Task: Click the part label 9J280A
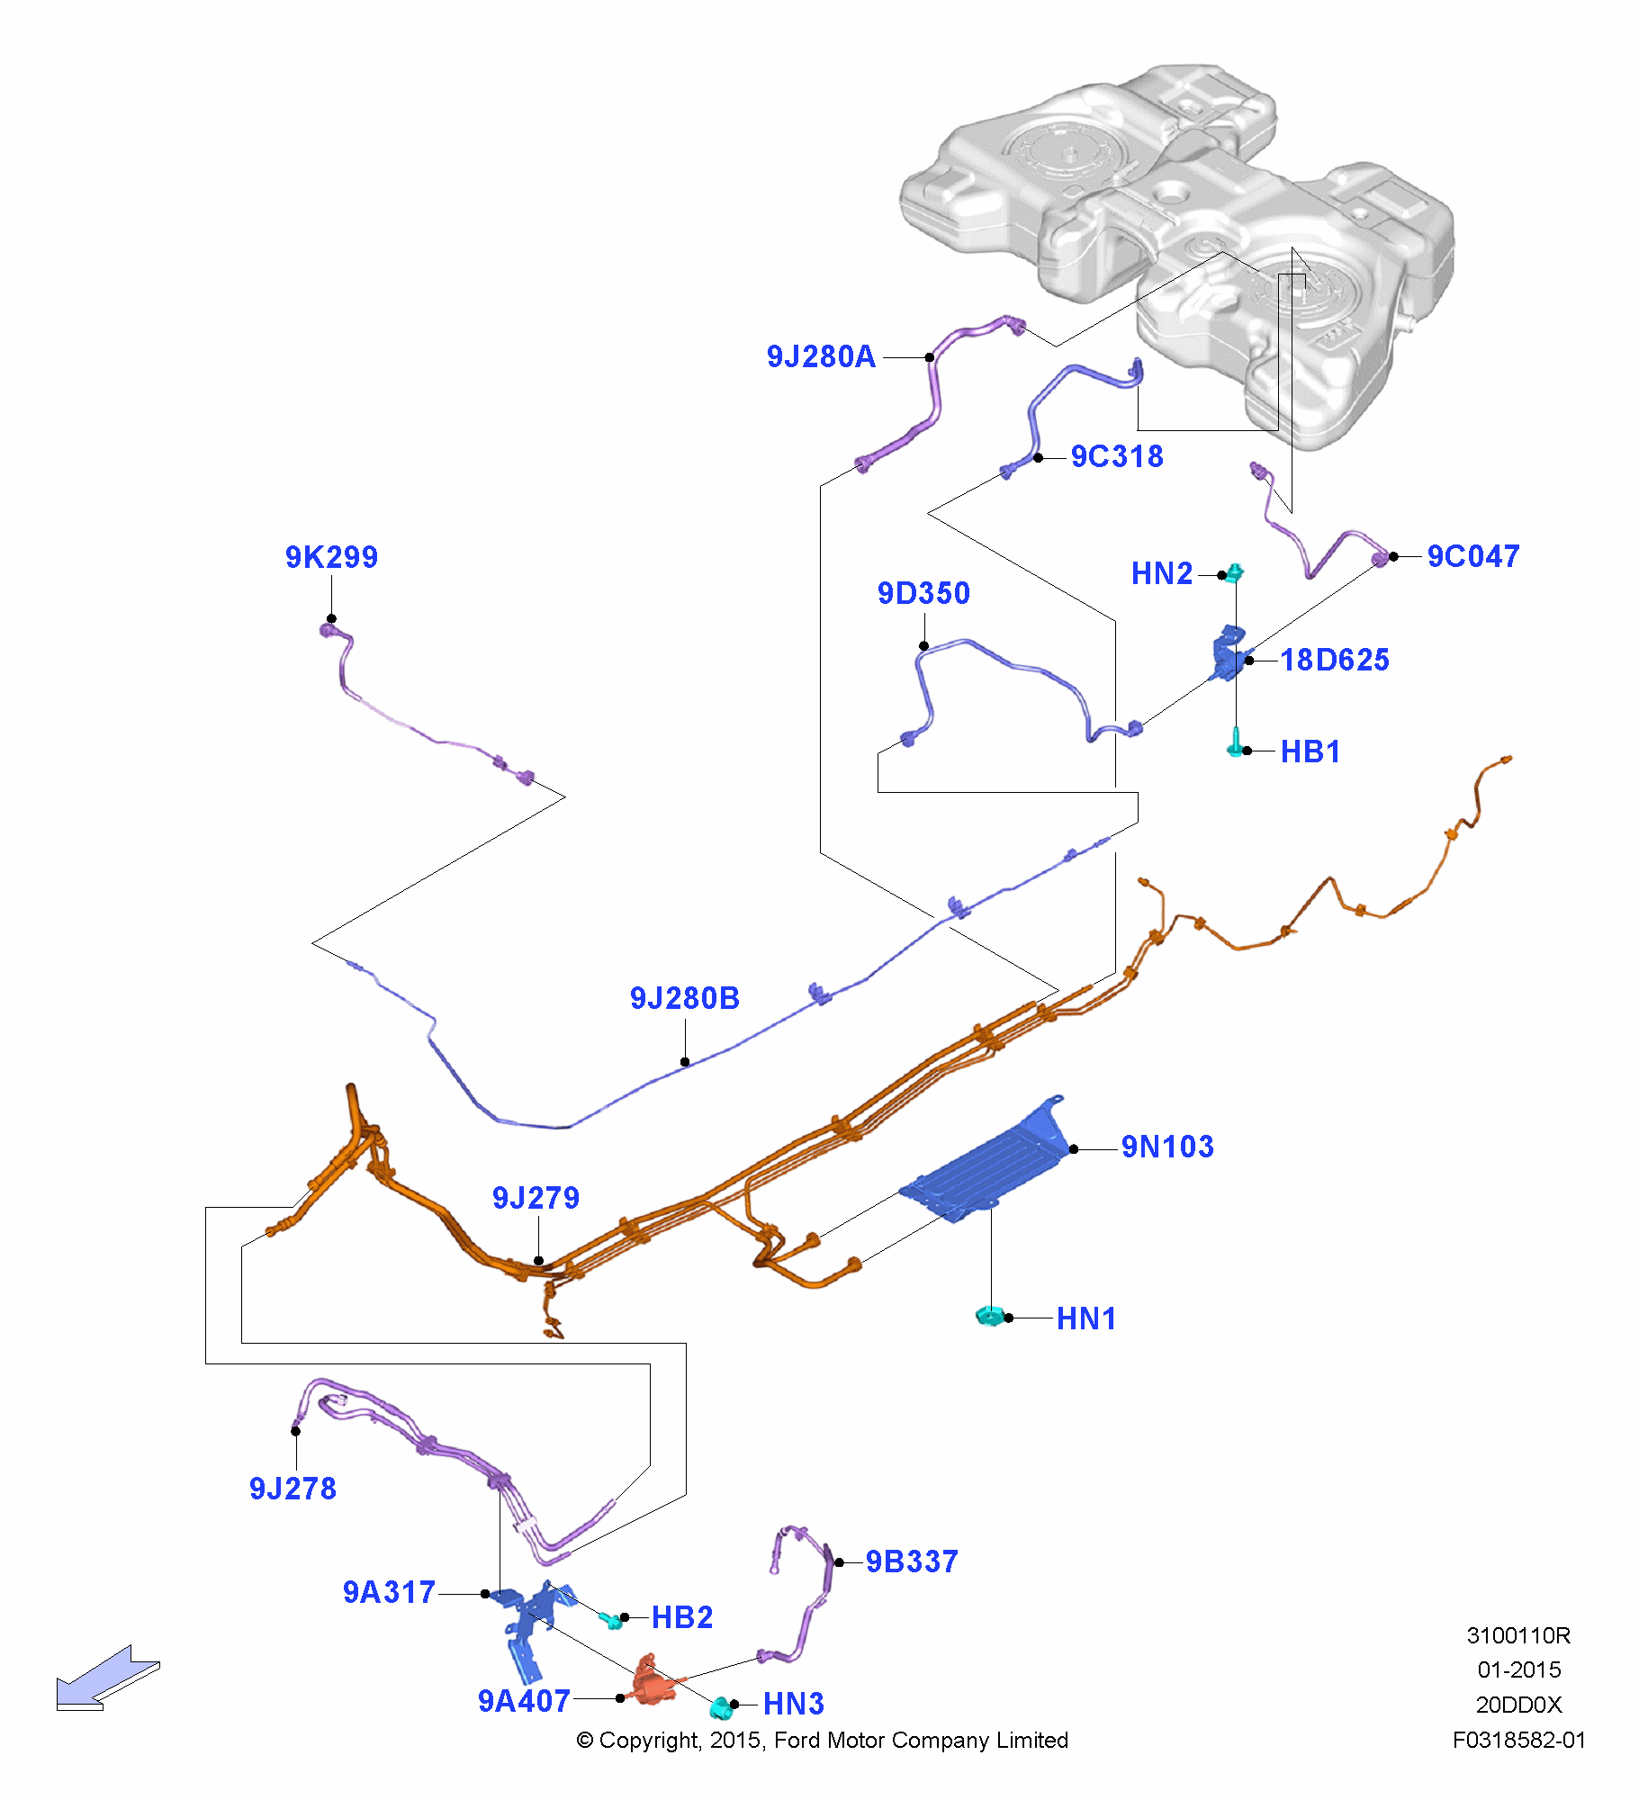click(821, 357)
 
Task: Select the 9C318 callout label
click(1117, 457)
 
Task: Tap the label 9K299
click(331, 558)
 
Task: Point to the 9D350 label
click(923, 594)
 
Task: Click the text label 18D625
click(1335, 661)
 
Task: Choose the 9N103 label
click(1167, 1147)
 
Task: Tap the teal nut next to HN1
click(987, 1317)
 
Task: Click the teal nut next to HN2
click(1235, 572)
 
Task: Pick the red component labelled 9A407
click(651, 1681)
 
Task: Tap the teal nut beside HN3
click(720, 1706)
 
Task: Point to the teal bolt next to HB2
click(612, 1620)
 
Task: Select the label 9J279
click(536, 1199)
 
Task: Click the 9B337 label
click(912, 1562)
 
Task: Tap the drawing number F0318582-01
click(1518, 1741)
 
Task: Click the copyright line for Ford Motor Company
click(822, 1741)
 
